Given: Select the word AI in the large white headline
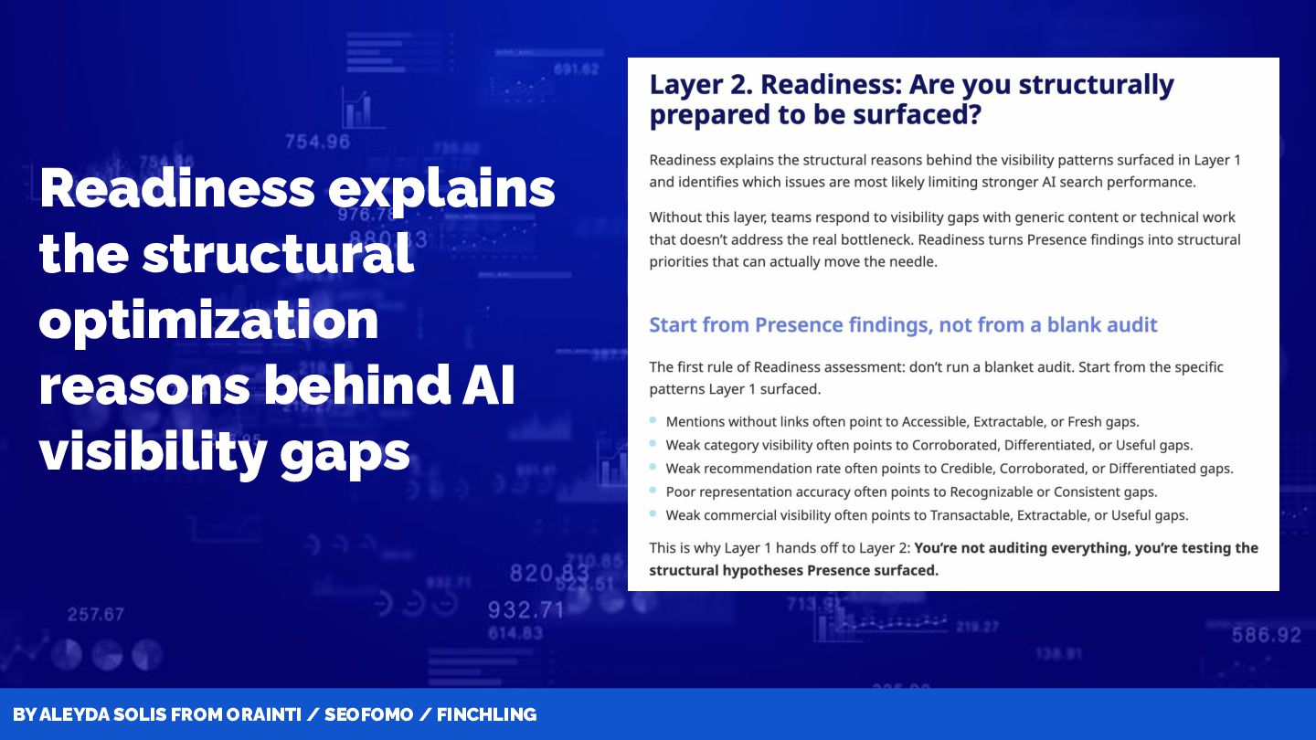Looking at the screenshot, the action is [488, 386].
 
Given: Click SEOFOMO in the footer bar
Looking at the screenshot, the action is [368, 714].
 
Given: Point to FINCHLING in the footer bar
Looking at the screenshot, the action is [486, 714].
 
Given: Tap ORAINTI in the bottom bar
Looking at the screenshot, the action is [264, 714].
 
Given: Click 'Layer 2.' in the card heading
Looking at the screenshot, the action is [698, 85].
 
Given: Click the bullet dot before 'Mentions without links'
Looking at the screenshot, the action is [653, 420].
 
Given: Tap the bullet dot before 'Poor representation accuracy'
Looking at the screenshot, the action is [653, 490].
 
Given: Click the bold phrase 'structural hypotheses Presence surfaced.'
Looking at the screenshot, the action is [793, 570].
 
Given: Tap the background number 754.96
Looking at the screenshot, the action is [317, 142].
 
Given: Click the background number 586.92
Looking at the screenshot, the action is [1266, 635].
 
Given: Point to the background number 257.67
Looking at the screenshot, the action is [96, 614].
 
